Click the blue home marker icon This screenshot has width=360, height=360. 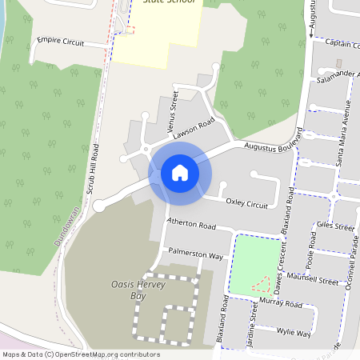tap(180, 172)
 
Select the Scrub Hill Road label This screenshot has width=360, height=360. tap(93, 169)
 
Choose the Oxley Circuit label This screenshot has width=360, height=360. tap(246, 205)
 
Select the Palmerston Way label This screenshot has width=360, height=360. tap(195, 254)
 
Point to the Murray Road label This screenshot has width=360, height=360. tap(281, 304)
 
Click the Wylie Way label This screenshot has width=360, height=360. tap(293, 331)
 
